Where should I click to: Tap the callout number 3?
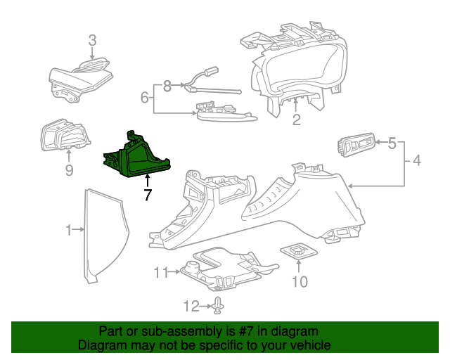[92, 41]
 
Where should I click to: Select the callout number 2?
[296, 120]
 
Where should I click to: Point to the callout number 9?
[69, 170]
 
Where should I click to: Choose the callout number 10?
[300, 282]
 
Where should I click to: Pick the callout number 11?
[160, 272]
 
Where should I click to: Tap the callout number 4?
[417, 162]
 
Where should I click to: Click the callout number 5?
[393, 143]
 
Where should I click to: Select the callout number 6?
[144, 98]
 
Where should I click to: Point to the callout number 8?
[167, 86]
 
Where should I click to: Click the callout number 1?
[69, 230]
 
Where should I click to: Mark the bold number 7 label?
[147, 196]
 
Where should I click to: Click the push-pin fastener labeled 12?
[219, 305]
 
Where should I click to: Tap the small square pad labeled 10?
[298, 250]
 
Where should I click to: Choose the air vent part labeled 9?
[62, 136]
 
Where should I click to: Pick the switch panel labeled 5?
[357, 145]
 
